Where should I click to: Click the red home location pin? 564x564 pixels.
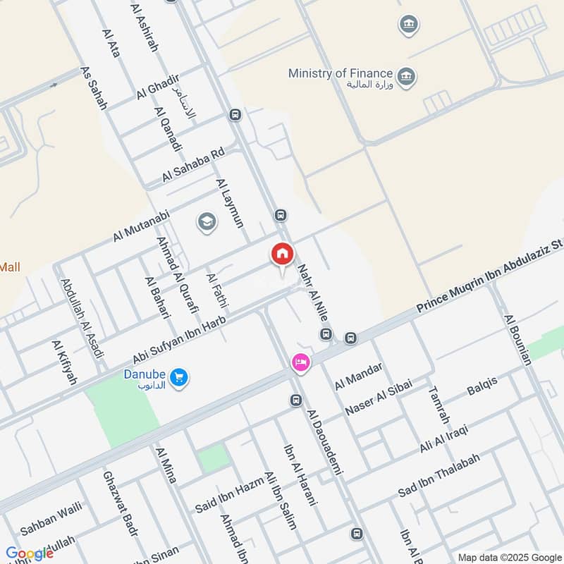[282, 255]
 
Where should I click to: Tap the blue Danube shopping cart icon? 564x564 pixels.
[179, 377]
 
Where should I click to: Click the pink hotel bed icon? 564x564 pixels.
[300, 363]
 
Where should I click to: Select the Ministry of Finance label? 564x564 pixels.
[341, 73]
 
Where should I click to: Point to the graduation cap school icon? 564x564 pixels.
[207, 222]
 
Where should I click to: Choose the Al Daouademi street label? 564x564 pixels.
[324, 441]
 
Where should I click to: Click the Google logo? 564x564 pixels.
[30, 553]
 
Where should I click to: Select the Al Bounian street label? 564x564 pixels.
[517, 339]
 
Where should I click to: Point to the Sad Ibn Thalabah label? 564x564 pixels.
[439, 476]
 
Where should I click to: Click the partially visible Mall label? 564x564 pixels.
[11, 267]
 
